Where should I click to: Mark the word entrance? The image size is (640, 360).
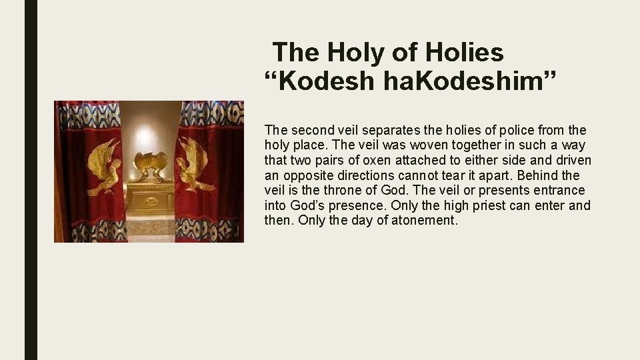[560, 191]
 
